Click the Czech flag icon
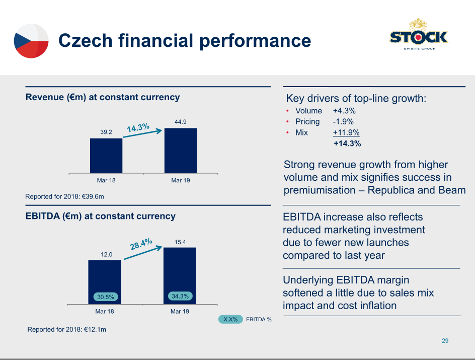coord(31,41)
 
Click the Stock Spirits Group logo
coord(419,35)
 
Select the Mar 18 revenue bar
coord(106,156)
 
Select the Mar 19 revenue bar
coord(181,151)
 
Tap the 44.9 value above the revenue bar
coord(181,122)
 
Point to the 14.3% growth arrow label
coord(138,127)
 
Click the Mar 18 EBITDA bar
coord(105,282)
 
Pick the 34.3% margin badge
coord(180,296)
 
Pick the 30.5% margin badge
coord(106,297)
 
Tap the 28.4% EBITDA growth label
coord(141,244)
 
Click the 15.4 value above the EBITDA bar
coord(180,242)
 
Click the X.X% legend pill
coord(230,319)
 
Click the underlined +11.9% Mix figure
coord(346,133)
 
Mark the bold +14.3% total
coord(347,143)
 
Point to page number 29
coord(445,340)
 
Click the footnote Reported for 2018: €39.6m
coord(64,197)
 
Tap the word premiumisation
coord(320,190)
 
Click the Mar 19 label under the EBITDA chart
coord(180,312)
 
